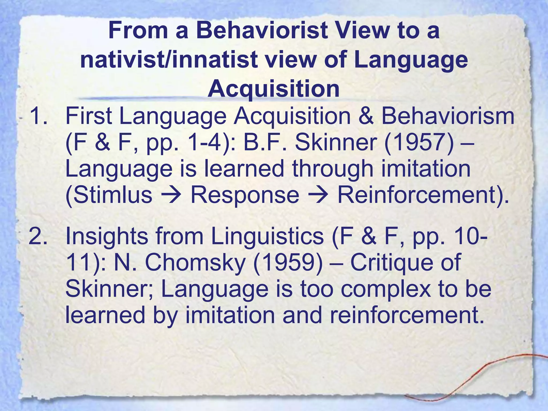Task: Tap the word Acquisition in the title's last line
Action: point(273,89)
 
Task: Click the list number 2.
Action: point(39,236)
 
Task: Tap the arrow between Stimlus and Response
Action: point(171,195)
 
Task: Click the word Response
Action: point(245,195)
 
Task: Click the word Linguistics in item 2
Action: point(267,236)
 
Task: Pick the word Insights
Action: point(106,236)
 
